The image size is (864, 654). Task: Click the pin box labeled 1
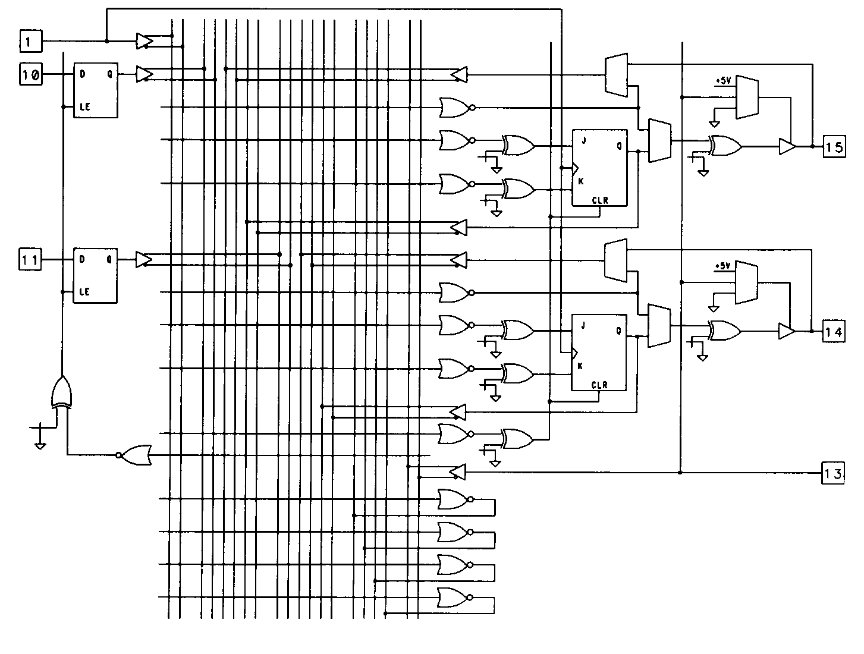tap(32, 42)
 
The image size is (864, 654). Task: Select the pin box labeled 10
tap(32, 75)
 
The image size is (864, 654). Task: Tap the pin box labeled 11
tap(31, 260)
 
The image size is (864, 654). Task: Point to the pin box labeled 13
tap(832, 473)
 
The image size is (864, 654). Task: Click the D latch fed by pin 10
tap(95, 90)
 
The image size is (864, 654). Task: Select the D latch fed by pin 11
tap(95, 275)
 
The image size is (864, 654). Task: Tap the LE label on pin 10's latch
tap(84, 107)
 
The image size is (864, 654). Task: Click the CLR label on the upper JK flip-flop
tap(600, 200)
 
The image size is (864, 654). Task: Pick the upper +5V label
tap(723, 80)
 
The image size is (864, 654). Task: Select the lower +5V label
tap(723, 266)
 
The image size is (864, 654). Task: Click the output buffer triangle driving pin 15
tap(787, 146)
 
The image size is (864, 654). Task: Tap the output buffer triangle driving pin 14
tap(787, 331)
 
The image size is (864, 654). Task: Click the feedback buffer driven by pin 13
tap(457, 473)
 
